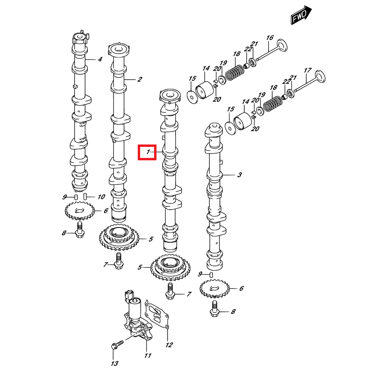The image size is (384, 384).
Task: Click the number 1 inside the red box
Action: pos(148,153)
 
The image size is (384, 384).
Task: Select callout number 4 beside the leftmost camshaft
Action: pos(100,60)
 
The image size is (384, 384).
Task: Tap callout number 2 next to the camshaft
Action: pos(140,80)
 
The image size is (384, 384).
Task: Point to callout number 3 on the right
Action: pos(239,176)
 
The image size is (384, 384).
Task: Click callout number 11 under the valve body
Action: pos(148,355)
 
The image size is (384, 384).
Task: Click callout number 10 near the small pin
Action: pos(101,197)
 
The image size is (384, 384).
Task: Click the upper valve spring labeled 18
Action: pos(235,72)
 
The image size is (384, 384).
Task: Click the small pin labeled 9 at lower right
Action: pos(211,274)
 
